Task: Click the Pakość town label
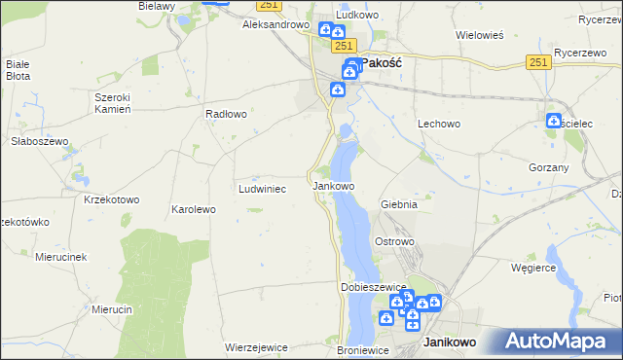383,62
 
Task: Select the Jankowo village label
333,186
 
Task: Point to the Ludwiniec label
262,189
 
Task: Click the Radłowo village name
226,114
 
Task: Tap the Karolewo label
193,209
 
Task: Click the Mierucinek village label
61,257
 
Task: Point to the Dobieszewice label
372,288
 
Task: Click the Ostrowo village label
395,240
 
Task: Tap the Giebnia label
399,205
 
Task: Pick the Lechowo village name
438,125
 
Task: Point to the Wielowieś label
479,35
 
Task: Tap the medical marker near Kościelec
554,122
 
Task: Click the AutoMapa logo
562,342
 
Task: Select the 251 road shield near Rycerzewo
539,61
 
